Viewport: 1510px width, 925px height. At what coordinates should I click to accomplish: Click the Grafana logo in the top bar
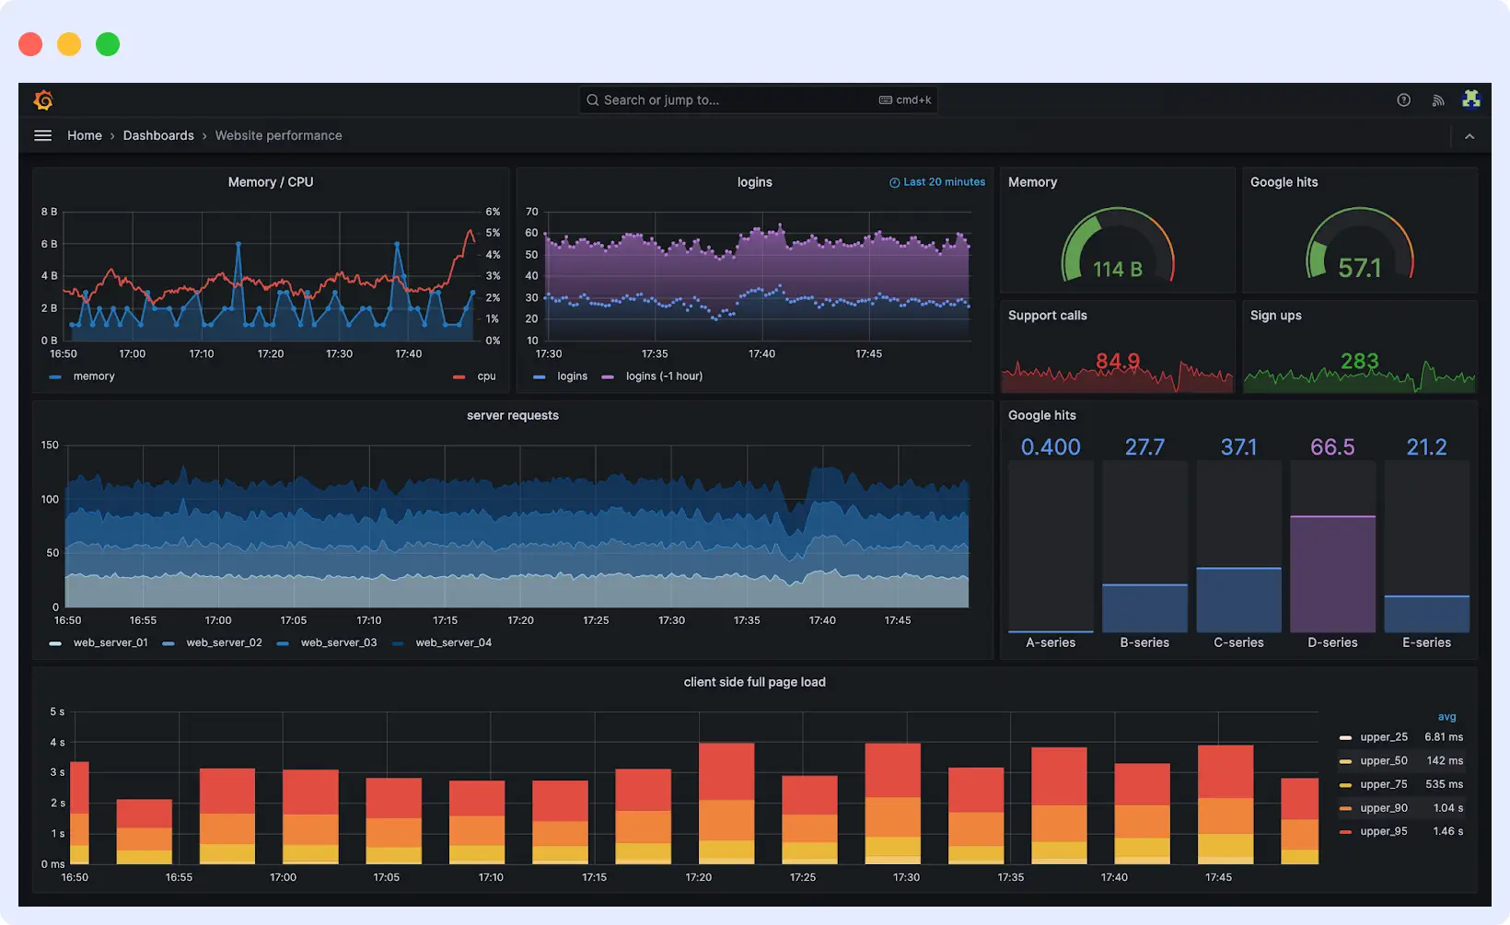pos(43,100)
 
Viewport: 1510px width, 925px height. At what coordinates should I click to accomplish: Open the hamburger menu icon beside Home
pos(42,135)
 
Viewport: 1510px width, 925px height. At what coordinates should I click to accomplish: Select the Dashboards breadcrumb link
pos(158,135)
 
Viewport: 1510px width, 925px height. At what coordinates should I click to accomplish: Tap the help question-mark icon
pos(1403,100)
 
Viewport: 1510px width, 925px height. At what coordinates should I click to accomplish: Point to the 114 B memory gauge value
pos(1117,269)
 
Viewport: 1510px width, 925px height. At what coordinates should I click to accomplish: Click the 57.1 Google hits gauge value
pos(1359,268)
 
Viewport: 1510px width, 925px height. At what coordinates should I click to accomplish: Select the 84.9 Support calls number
pos(1117,361)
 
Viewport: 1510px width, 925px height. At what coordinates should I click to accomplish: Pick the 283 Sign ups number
pos(1359,361)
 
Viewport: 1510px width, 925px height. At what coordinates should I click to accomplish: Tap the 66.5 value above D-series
pos(1332,447)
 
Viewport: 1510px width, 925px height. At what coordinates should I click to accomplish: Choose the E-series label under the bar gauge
pos(1426,642)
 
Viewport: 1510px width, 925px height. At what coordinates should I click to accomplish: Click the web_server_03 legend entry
pos(338,642)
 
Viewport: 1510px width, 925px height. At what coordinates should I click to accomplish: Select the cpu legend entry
pos(486,376)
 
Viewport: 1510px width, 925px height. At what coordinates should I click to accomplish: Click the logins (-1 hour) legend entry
pos(663,376)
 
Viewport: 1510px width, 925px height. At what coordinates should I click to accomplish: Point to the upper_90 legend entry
pos(1383,808)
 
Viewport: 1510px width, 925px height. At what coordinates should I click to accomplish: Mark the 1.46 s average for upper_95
pos(1447,831)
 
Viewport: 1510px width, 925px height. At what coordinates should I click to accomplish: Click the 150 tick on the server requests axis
pos(50,445)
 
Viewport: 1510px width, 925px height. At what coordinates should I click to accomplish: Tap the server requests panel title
pos(513,415)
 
